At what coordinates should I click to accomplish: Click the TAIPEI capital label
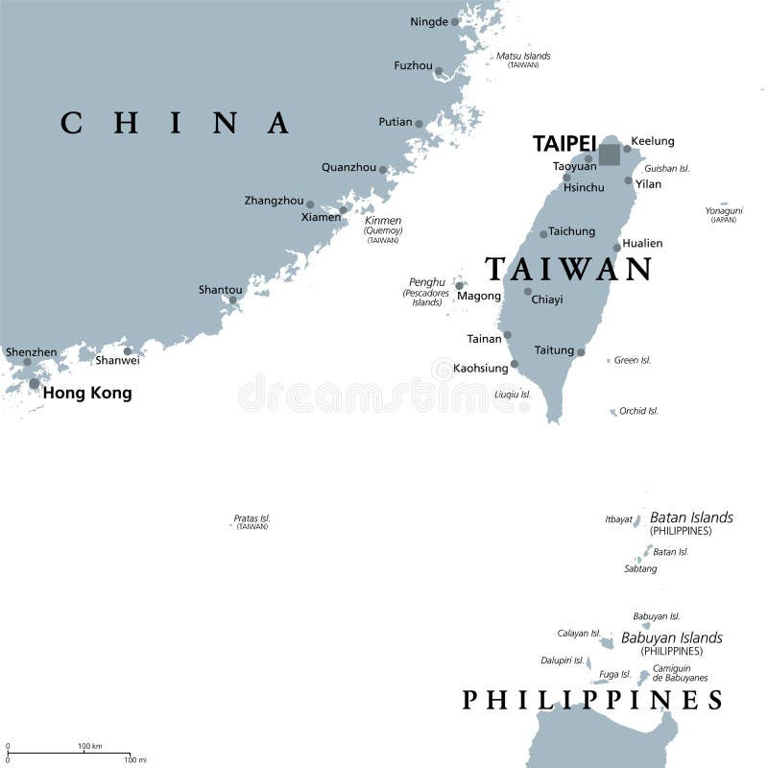(x=564, y=143)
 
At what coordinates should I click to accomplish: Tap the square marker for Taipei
(x=610, y=155)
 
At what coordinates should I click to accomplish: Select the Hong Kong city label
(x=87, y=393)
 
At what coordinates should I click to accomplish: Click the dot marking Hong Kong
(x=35, y=384)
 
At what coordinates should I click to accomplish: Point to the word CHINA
(x=175, y=123)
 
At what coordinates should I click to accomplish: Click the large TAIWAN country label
(x=568, y=269)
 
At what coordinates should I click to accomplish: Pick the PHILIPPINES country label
(x=592, y=700)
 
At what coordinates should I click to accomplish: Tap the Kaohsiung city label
(x=480, y=368)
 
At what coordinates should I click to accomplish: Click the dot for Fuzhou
(x=439, y=71)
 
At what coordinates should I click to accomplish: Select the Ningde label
(x=428, y=21)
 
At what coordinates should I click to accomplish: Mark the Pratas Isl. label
(x=252, y=518)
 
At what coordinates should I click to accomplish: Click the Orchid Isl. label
(x=638, y=411)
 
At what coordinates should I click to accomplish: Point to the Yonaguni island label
(x=724, y=210)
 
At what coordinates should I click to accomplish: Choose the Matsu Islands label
(x=523, y=56)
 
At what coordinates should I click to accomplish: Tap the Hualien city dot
(x=617, y=247)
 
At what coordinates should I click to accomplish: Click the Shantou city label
(x=220, y=289)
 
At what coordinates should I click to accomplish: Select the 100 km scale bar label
(x=90, y=746)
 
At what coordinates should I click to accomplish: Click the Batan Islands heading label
(x=691, y=517)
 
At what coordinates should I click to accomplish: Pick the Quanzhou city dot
(x=383, y=170)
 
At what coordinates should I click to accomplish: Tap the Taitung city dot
(x=581, y=352)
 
